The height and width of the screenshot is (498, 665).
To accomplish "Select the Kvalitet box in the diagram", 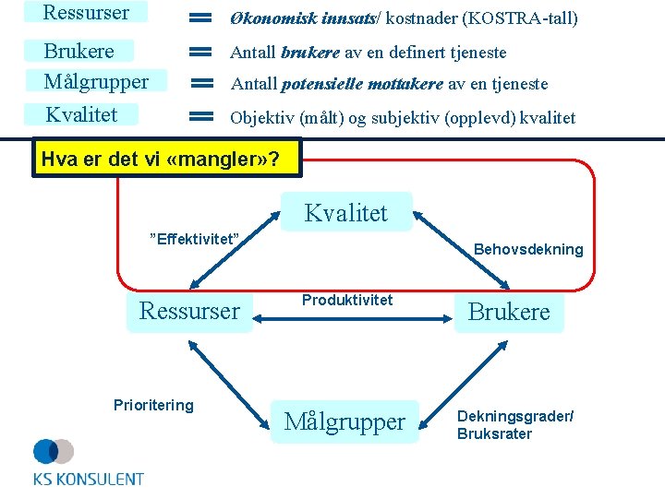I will [x=346, y=213].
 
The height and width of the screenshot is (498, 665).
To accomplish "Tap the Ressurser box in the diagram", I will [x=189, y=312].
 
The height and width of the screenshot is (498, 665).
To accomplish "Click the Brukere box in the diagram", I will [x=509, y=313].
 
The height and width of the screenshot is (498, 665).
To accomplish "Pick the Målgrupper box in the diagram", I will [x=345, y=421].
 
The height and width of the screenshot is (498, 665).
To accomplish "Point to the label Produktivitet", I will [x=347, y=300].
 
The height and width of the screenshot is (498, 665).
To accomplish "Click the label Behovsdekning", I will [x=528, y=249].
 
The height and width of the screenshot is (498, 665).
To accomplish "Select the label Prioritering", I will [x=153, y=405].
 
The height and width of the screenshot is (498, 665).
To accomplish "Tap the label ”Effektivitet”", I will [x=195, y=240].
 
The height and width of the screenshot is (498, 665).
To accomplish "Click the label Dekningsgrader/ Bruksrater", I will [x=514, y=425].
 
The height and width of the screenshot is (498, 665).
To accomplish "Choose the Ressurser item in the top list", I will [x=87, y=13].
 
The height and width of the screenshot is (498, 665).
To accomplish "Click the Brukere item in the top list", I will [x=79, y=52].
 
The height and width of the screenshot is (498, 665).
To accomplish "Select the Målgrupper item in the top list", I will [x=96, y=82].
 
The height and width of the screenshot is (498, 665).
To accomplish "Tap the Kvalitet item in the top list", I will [x=82, y=114].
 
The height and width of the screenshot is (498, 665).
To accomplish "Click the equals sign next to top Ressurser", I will [x=201, y=18].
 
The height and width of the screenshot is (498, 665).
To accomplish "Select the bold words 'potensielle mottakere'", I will [x=362, y=84].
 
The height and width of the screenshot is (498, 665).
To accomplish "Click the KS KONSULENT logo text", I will [x=89, y=479].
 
